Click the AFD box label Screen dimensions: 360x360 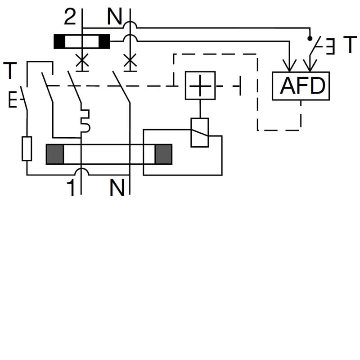pos(301,86)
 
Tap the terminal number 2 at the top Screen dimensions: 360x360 pos(70,18)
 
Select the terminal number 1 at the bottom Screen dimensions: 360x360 pos(71,188)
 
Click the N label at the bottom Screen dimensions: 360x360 pos(117,188)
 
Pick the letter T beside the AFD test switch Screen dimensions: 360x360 pos(350,45)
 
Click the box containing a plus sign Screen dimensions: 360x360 pos(200,85)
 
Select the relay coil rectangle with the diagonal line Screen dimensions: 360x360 pos(200,132)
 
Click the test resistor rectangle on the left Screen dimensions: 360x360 pos(27,148)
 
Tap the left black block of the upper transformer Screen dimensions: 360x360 pos(59,41)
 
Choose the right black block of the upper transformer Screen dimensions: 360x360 pos(104,41)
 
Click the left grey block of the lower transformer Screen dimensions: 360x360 pos(55,154)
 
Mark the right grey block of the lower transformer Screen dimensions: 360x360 pos(163,154)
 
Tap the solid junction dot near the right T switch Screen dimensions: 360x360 pos(310,37)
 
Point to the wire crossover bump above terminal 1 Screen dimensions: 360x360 pos(81,171)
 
